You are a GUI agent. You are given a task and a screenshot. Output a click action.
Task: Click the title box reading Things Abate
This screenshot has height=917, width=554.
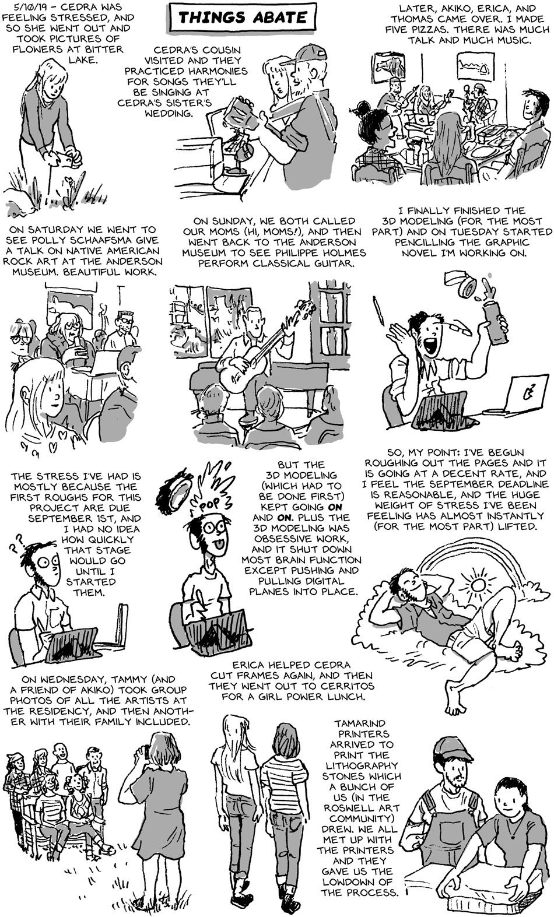(243, 17)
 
